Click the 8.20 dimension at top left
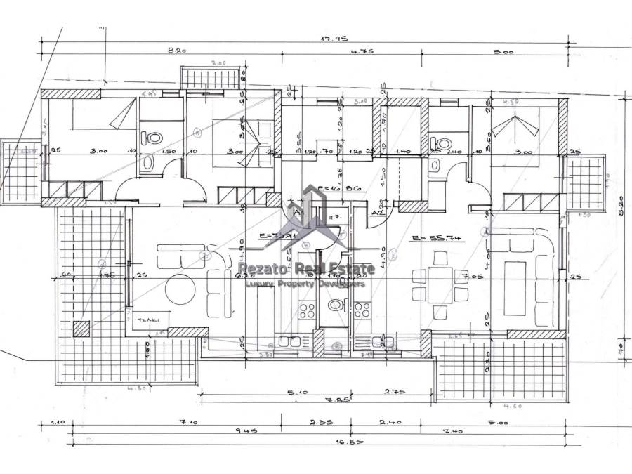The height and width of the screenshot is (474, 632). (x=177, y=51)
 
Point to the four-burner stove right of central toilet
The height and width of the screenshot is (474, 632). (x=362, y=310)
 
